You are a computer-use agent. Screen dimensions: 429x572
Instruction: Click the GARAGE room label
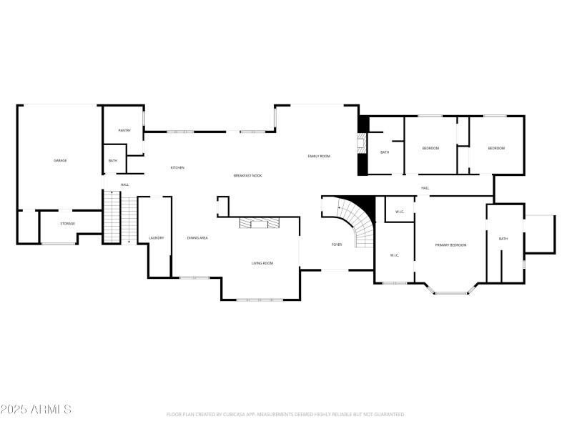(60, 160)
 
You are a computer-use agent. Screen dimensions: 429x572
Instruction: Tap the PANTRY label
(124, 130)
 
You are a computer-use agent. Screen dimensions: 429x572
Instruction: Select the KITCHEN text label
(177, 168)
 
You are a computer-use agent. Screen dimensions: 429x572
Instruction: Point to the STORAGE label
(67, 224)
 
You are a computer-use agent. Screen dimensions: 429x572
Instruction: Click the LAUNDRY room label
(157, 238)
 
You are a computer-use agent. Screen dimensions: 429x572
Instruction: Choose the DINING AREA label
(197, 238)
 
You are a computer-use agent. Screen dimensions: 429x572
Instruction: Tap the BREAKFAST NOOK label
(247, 175)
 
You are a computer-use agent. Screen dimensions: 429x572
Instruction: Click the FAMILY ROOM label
(319, 156)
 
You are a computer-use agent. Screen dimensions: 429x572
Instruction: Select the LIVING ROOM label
(262, 263)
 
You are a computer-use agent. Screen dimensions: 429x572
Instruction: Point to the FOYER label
(336, 245)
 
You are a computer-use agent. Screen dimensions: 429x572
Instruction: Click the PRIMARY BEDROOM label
(450, 245)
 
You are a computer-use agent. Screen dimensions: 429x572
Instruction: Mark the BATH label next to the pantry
(113, 161)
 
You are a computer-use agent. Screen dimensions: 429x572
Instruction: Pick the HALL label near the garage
(124, 185)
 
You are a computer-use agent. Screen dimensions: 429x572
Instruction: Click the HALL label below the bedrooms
(425, 188)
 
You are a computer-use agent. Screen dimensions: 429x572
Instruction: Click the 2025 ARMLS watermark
(36, 410)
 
